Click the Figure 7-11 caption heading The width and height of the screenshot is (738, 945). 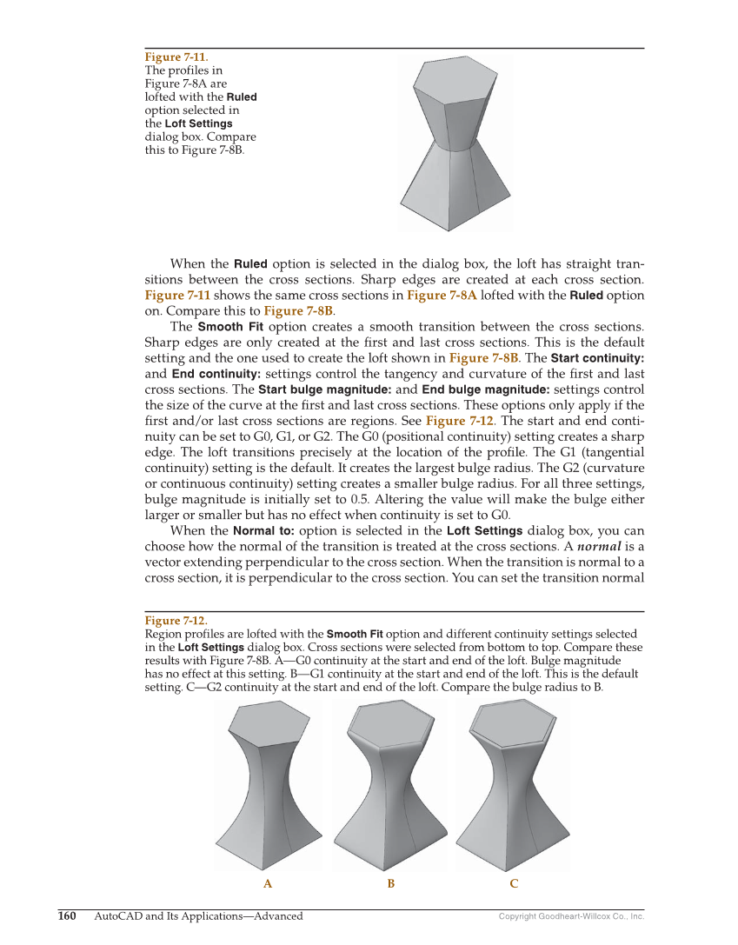coord(176,57)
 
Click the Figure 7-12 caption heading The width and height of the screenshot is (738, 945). coord(176,621)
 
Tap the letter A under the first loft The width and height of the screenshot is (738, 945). coord(268,884)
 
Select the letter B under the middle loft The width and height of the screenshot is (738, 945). coord(391,884)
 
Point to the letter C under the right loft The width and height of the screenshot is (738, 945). coord(514,884)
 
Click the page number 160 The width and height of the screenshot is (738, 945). coord(67,916)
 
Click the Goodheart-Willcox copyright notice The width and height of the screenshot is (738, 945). coord(571,916)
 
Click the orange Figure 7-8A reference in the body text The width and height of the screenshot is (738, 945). coord(442,296)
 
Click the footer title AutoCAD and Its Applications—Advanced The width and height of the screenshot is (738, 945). coord(198,916)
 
